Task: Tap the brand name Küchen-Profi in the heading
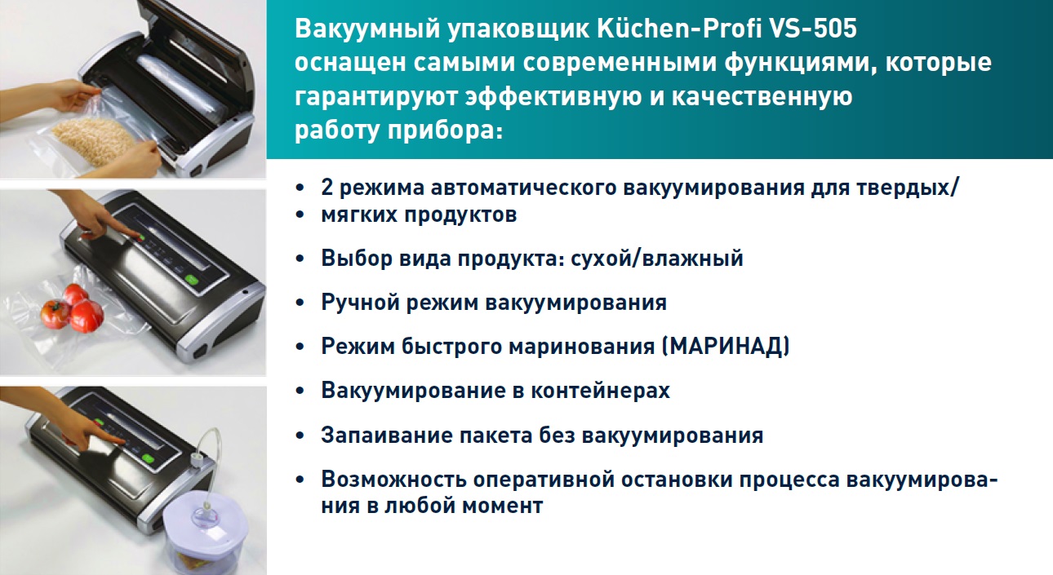[x=679, y=29]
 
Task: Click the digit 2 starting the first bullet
[x=327, y=188]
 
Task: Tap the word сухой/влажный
[x=657, y=259]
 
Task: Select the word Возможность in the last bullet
[x=394, y=480]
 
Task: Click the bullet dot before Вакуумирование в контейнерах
[x=300, y=391]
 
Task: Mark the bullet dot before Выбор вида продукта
[x=300, y=259]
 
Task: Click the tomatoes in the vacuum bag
[x=72, y=310]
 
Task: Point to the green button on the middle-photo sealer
[x=191, y=281]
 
